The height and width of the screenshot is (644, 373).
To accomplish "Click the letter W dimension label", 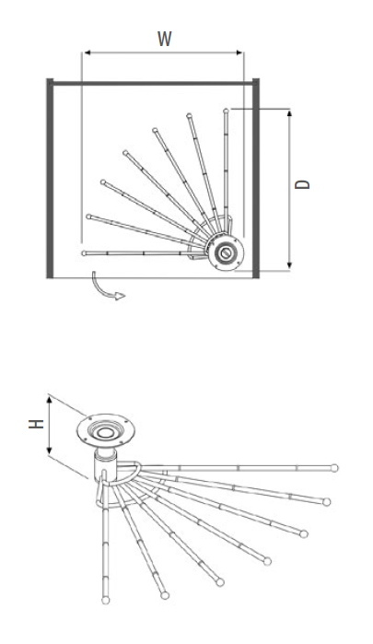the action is click(164, 39).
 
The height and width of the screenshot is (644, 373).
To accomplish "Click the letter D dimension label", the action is click(303, 184).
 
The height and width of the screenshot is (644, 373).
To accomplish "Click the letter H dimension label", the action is click(36, 424).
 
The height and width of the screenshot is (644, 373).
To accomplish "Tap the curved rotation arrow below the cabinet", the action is click(106, 287).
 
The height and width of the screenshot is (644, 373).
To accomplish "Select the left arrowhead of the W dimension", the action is click(87, 53).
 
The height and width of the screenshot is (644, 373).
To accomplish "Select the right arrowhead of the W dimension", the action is click(239, 53).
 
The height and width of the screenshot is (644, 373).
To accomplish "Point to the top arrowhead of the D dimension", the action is click(289, 113).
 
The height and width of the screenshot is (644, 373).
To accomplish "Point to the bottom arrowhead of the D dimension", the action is click(289, 265).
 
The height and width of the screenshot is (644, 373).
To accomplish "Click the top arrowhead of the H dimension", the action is click(50, 401).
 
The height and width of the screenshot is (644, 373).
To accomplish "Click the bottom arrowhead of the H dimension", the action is click(50, 451).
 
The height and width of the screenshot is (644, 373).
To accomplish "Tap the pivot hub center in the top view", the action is click(225, 252).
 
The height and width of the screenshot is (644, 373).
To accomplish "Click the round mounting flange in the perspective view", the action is click(106, 431).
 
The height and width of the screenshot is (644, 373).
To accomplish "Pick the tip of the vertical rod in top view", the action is click(226, 111).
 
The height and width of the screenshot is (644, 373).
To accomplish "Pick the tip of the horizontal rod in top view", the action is click(84, 253).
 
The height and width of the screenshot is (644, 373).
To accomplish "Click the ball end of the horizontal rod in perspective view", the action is click(334, 468).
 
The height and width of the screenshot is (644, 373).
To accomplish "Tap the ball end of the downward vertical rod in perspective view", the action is click(106, 600).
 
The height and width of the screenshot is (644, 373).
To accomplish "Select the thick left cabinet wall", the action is click(50, 178).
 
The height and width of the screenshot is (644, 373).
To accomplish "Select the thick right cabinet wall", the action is click(255, 178).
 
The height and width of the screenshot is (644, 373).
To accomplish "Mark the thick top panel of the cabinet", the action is click(153, 83).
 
